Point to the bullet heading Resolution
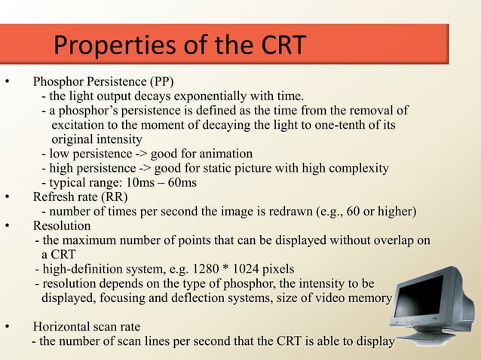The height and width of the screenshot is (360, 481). [62, 226]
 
